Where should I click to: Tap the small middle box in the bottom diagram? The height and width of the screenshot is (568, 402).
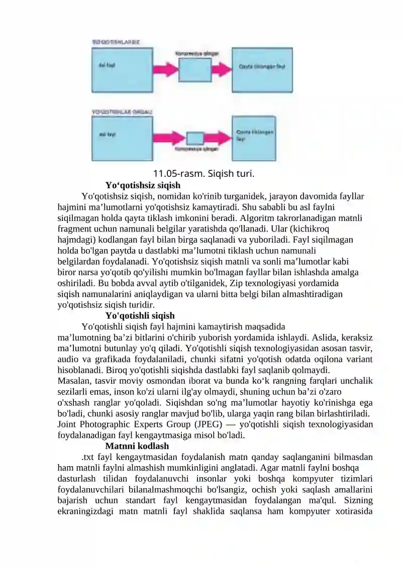tap(194, 138)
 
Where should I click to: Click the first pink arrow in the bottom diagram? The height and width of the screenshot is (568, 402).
tap(169, 138)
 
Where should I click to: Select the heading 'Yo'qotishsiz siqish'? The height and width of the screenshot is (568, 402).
tap(143, 185)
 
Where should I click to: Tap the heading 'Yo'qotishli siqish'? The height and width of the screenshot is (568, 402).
tap(140, 315)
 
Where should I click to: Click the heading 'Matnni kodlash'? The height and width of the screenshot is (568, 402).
tap(137, 445)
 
